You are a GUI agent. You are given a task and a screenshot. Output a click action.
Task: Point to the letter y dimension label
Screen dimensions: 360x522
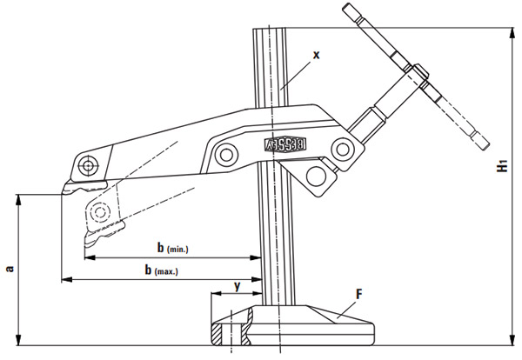pyautogui.click(x=236, y=283)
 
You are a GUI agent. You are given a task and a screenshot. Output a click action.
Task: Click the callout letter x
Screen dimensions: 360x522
pyautogui.click(x=316, y=54)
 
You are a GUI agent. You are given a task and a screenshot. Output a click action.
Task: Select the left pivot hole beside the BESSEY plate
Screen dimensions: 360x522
pyautogui.click(x=228, y=155)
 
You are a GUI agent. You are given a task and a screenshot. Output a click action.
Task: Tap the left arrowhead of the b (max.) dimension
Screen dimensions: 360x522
pyautogui.click(x=64, y=279)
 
